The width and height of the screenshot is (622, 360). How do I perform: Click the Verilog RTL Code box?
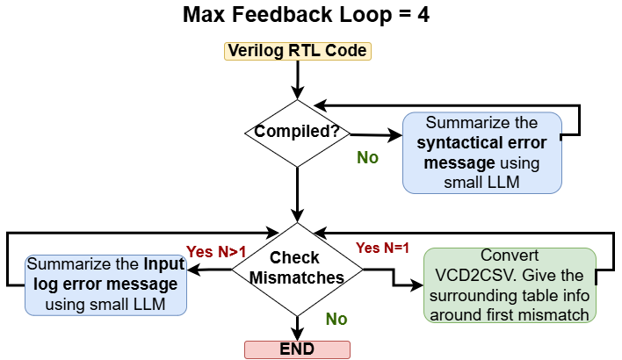pyautogui.click(x=297, y=50)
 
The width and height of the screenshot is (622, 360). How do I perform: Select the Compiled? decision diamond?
pyautogui.click(x=297, y=132)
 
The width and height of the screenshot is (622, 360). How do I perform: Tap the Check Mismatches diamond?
pyautogui.click(x=295, y=268)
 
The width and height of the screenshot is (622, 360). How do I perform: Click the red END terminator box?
pyautogui.click(x=297, y=349)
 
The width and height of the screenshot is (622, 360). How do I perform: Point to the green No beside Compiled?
pyautogui.click(x=367, y=158)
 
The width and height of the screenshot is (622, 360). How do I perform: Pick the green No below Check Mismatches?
pyautogui.click(x=336, y=319)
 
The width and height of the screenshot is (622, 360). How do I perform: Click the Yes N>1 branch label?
pyautogui.click(x=215, y=252)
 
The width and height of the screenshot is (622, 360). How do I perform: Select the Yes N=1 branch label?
pyautogui.click(x=382, y=248)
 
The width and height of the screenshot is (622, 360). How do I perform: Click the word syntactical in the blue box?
pyautogui.click(x=456, y=143)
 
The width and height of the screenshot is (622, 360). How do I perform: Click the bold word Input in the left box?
pyautogui.click(x=165, y=264)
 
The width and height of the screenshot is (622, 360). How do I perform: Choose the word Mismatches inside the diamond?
pyautogui.click(x=296, y=278)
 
